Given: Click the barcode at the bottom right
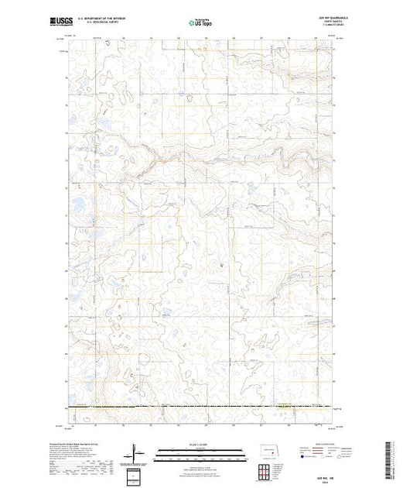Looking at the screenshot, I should click(x=391, y=462).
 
